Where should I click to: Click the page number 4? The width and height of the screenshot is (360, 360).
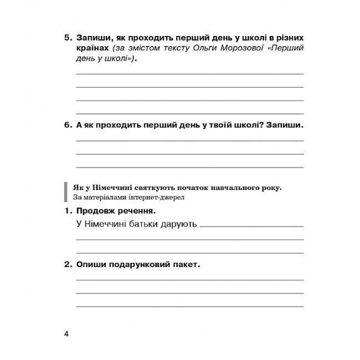click(x=66, y=333)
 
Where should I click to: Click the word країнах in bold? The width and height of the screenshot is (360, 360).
click(x=93, y=49)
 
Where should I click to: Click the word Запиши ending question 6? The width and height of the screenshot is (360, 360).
click(x=285, y=125)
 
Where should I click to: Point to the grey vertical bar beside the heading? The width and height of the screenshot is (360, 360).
click(x=67, y=192)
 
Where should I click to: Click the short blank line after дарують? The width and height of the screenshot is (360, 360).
click(x=251, y=227)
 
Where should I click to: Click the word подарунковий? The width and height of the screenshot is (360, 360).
click(x=141, y=265)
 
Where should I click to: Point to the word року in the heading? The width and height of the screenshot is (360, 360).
click(x=271, y=187)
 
